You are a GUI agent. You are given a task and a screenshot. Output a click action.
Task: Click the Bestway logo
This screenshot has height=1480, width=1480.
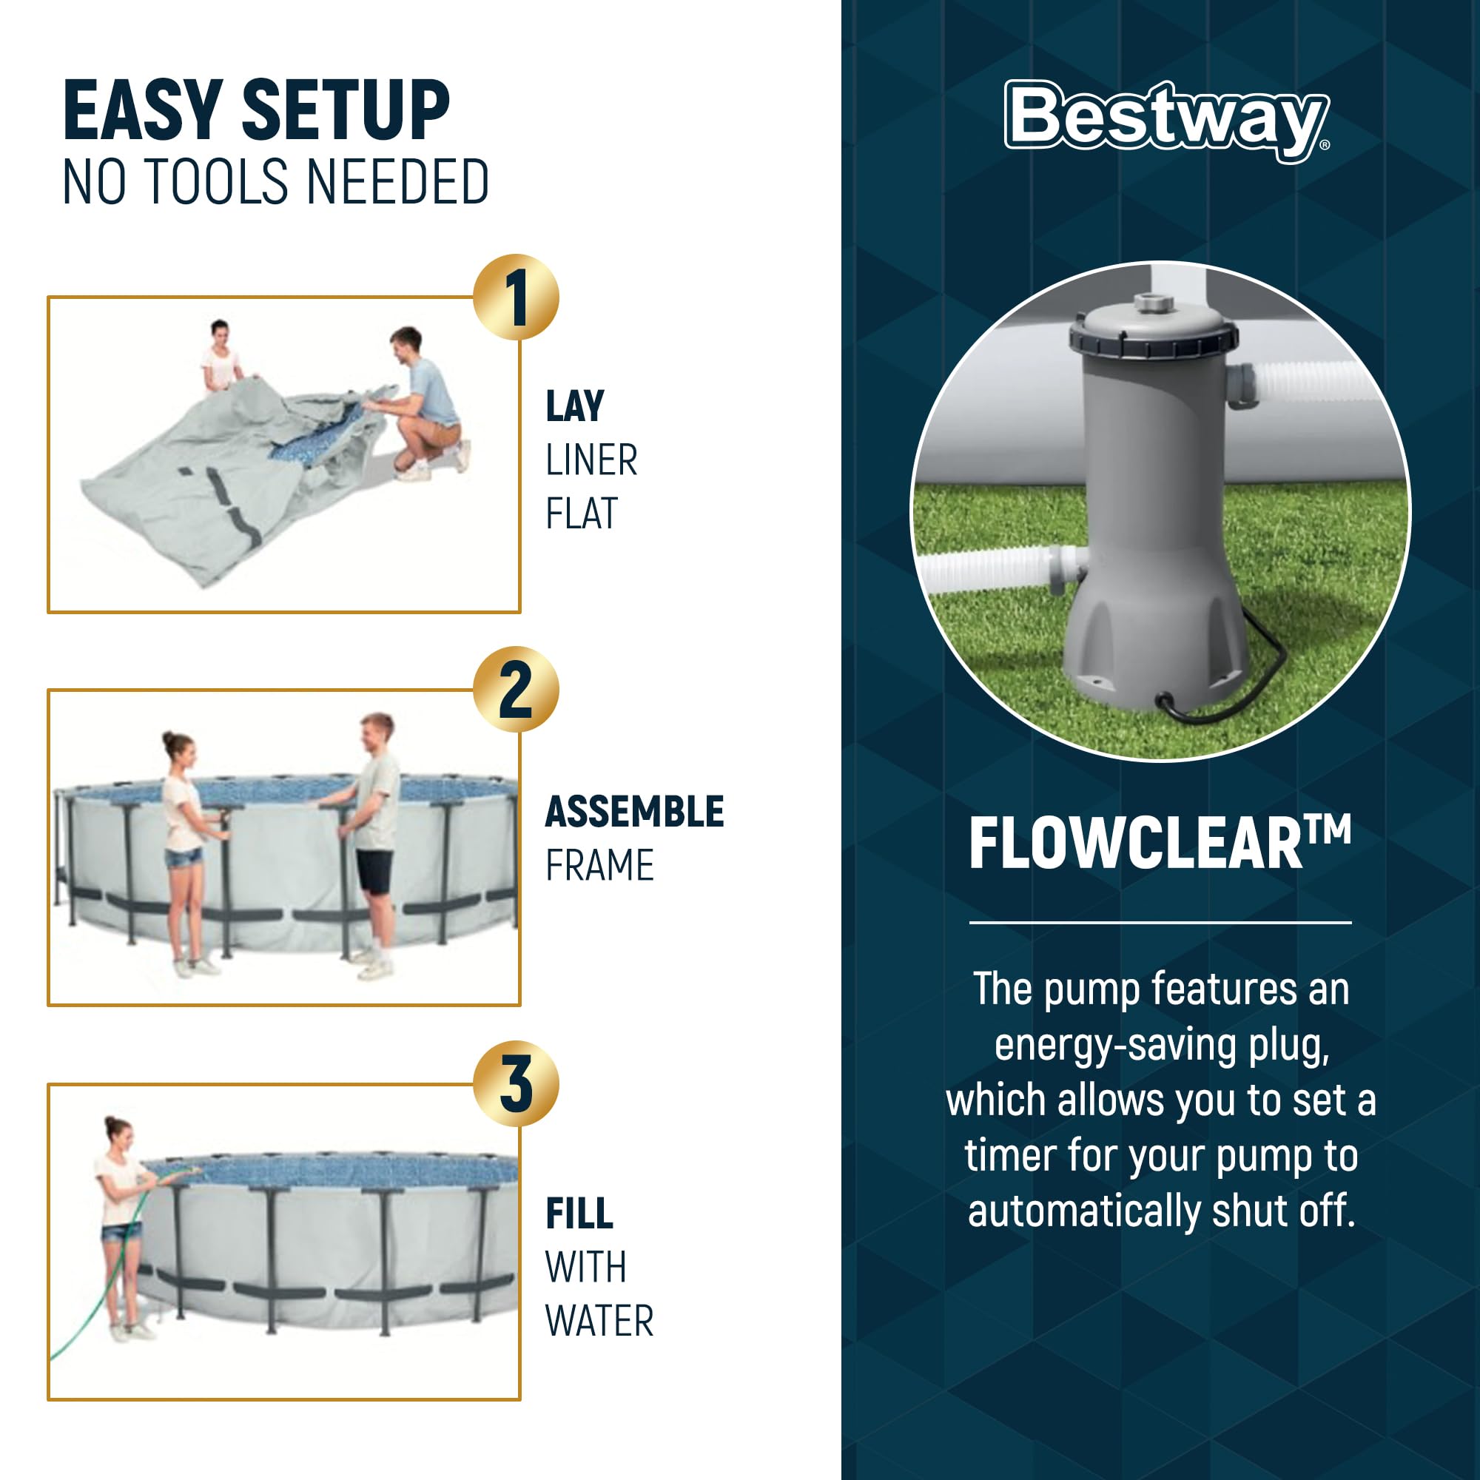pos(1166,121)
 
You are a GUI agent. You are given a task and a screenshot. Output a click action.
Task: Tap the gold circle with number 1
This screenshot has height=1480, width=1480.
pos(516,297)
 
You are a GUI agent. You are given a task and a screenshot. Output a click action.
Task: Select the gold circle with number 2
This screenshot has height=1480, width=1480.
pos(516,690)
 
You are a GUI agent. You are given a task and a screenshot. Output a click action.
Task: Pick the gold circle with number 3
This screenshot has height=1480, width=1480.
pos(516,1083)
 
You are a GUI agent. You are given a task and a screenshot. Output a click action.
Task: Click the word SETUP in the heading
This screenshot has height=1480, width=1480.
pos(346,111)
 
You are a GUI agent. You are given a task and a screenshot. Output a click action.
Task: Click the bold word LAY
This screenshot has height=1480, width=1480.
pos(574,406)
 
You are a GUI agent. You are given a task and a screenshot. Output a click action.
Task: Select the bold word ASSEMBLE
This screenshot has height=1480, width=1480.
pos(633,811)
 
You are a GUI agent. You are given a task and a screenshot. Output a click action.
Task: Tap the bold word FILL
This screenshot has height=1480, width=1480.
pos(579,1214)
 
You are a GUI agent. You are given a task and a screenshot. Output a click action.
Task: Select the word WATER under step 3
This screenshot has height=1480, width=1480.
pos(599,1321)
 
